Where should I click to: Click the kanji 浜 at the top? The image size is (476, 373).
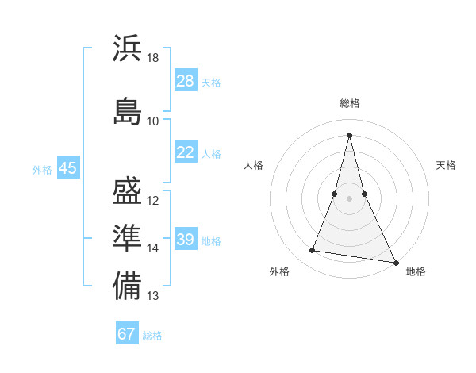(128, 48)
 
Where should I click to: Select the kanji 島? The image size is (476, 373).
(128, 111)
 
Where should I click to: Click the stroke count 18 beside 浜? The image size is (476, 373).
(153, 58)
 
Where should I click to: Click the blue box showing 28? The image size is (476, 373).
(186, 81)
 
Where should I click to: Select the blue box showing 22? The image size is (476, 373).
(186, 152)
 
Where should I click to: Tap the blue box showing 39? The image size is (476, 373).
(186, 240)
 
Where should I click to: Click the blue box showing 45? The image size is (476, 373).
(67, 168)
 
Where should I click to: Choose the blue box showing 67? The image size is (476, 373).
(127, 334)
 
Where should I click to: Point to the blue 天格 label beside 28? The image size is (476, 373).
(211, 83)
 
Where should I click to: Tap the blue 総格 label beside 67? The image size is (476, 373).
(152, 336)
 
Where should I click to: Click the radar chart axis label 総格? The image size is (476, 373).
(349, 103)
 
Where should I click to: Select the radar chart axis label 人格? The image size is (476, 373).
(254, 165)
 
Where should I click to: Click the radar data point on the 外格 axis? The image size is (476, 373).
(313, 251)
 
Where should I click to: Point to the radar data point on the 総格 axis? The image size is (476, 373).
(349, 134)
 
